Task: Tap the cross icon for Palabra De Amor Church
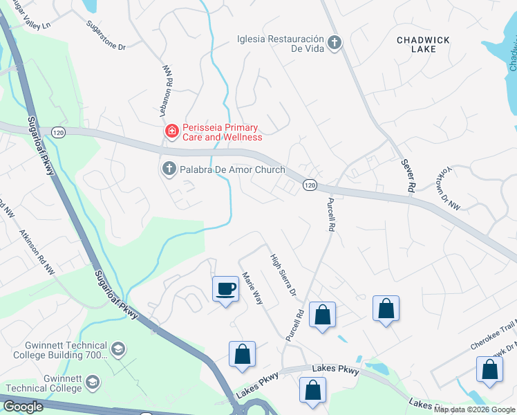[169, 169]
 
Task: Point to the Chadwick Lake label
[416, 45]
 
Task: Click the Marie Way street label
[252, 290]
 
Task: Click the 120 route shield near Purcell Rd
[310, 185]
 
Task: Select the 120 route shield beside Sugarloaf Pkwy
[58, 131]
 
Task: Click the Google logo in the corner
[23, 406]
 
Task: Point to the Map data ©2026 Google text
[474, 409]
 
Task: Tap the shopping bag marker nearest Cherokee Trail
[489, 370]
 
